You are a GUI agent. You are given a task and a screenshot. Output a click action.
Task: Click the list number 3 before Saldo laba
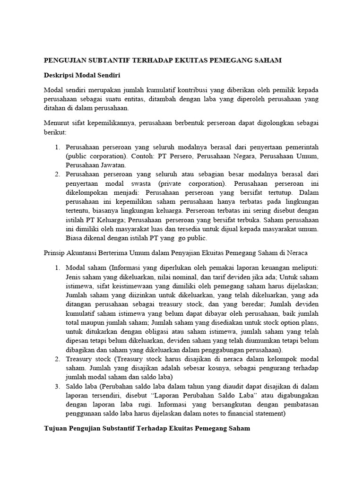(57, 386)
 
